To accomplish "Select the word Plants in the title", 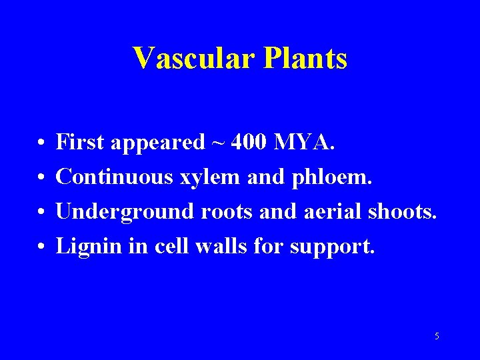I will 306,58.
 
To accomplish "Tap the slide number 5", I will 437,336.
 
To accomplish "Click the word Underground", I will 117,213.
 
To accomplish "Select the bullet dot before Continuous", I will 41,177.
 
